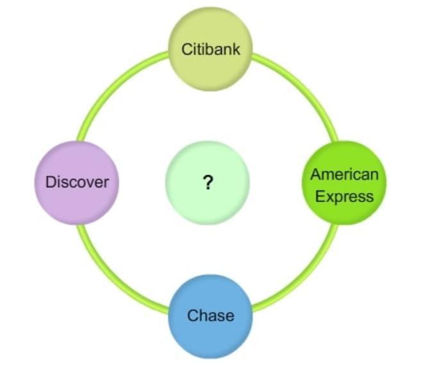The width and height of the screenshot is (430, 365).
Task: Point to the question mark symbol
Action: pos(208,183)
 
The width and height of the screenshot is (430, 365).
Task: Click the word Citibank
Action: pos(210,49)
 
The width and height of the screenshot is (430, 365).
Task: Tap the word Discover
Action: pos(77,182)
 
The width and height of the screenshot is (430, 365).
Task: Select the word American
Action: pos(345,174)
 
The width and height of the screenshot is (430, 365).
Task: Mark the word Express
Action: pos(345,196)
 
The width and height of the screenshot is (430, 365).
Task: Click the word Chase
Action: pos(210,316)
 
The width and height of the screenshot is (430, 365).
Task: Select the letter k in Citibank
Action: pos(236,49)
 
